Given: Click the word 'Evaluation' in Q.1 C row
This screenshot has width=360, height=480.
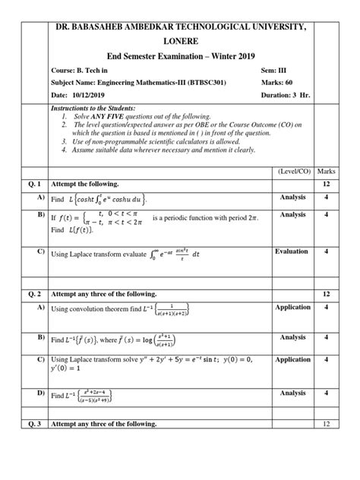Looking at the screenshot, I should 292,251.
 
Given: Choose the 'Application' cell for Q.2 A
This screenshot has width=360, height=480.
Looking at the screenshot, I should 292,307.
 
